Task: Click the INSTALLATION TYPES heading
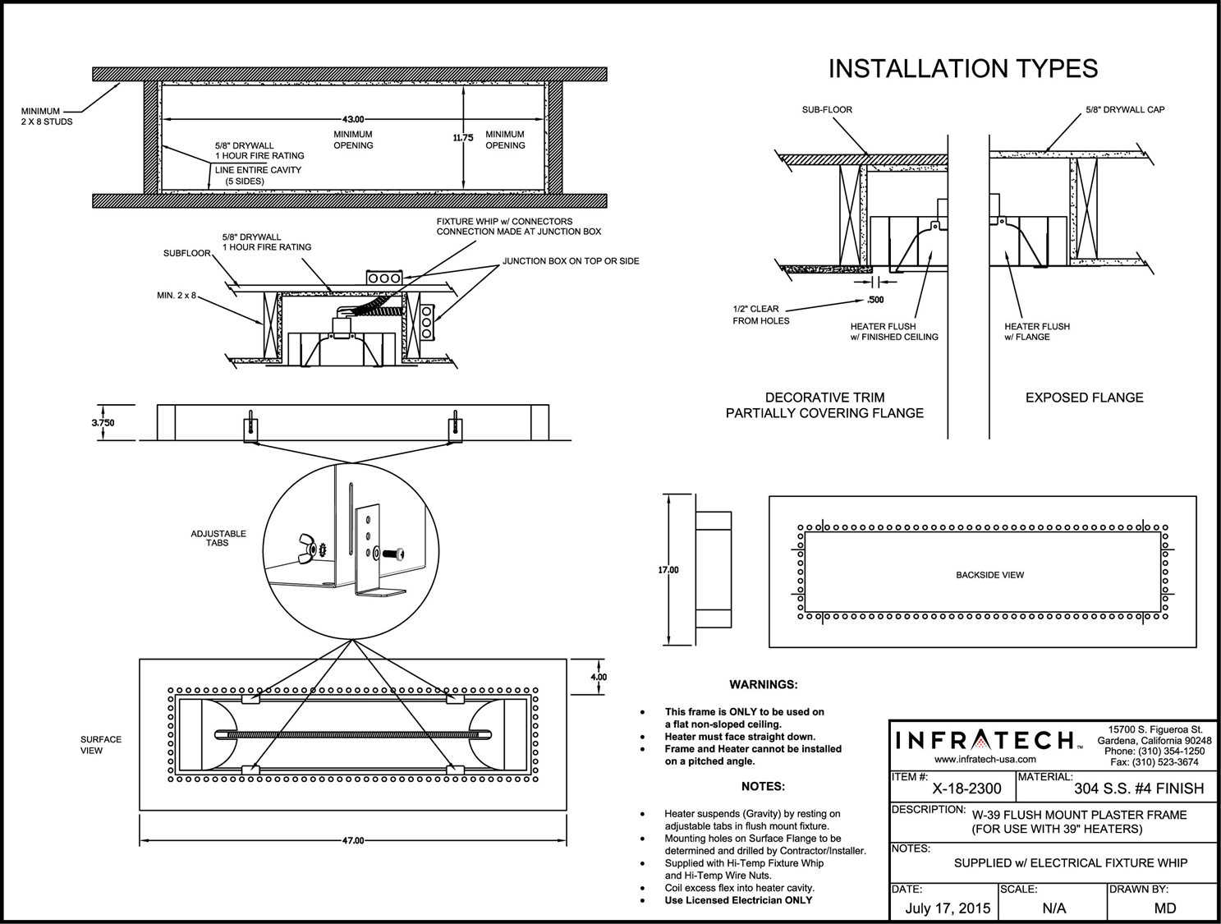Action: tap(962, 69)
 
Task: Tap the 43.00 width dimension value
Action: tap(353, 120)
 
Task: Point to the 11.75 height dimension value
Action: tap(463, 138)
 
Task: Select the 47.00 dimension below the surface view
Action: tap(352, 840)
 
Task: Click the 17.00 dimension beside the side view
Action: tap(668, 569)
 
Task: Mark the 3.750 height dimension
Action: tap(103, 423)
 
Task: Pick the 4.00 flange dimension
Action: tap(599, 678)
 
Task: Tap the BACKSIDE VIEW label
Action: tap(989, 575)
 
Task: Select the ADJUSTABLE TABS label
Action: tap(218, 538)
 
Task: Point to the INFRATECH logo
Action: tap(985, 740)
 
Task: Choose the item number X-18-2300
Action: tap(966, 789)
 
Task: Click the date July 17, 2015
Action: tap(948, 908)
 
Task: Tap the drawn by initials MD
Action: tap(1164, 908)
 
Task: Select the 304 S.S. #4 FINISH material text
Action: tap(1138, 789)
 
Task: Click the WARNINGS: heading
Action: tap(763, 684)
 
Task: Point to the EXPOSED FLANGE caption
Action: tap(1084, 398)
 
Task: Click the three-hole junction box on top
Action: tap(383, 278)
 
